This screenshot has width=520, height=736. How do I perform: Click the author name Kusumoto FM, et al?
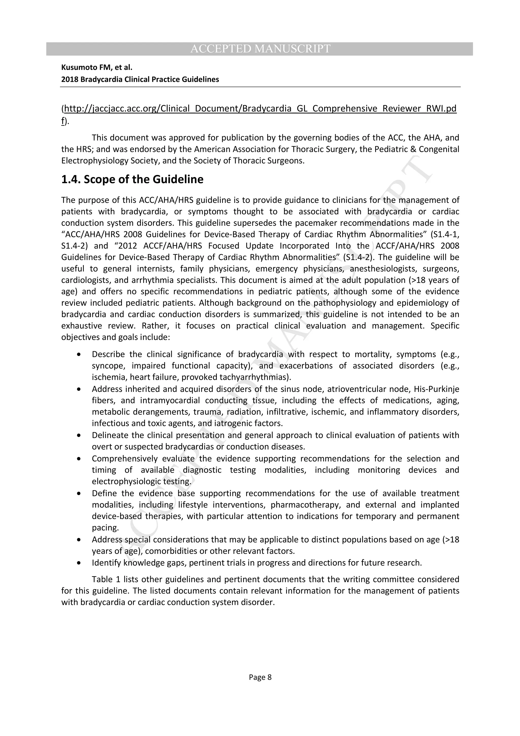pos(97,68)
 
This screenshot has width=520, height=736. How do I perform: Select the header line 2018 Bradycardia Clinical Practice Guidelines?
pos(140,79)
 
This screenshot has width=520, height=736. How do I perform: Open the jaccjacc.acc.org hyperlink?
pos(260,109)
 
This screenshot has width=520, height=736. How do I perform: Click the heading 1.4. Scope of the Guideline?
pos(132,180)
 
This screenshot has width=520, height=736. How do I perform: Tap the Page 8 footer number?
pos(260,677)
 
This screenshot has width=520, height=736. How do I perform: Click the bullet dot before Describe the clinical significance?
pos(79,355)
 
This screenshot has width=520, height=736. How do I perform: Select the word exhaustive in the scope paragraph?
pos(82,326)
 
